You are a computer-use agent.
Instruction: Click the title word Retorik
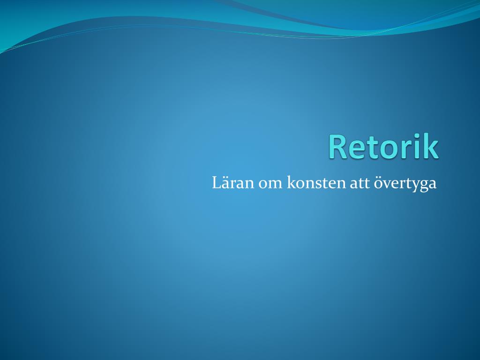pos(384,146)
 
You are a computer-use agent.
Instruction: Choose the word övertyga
pos(405,184)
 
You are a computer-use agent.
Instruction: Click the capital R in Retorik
pos(338,147)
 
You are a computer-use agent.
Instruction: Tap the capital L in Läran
pos(217,183)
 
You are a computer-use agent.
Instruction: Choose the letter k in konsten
pos(291,182)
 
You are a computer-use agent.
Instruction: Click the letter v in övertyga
pos(387,185)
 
